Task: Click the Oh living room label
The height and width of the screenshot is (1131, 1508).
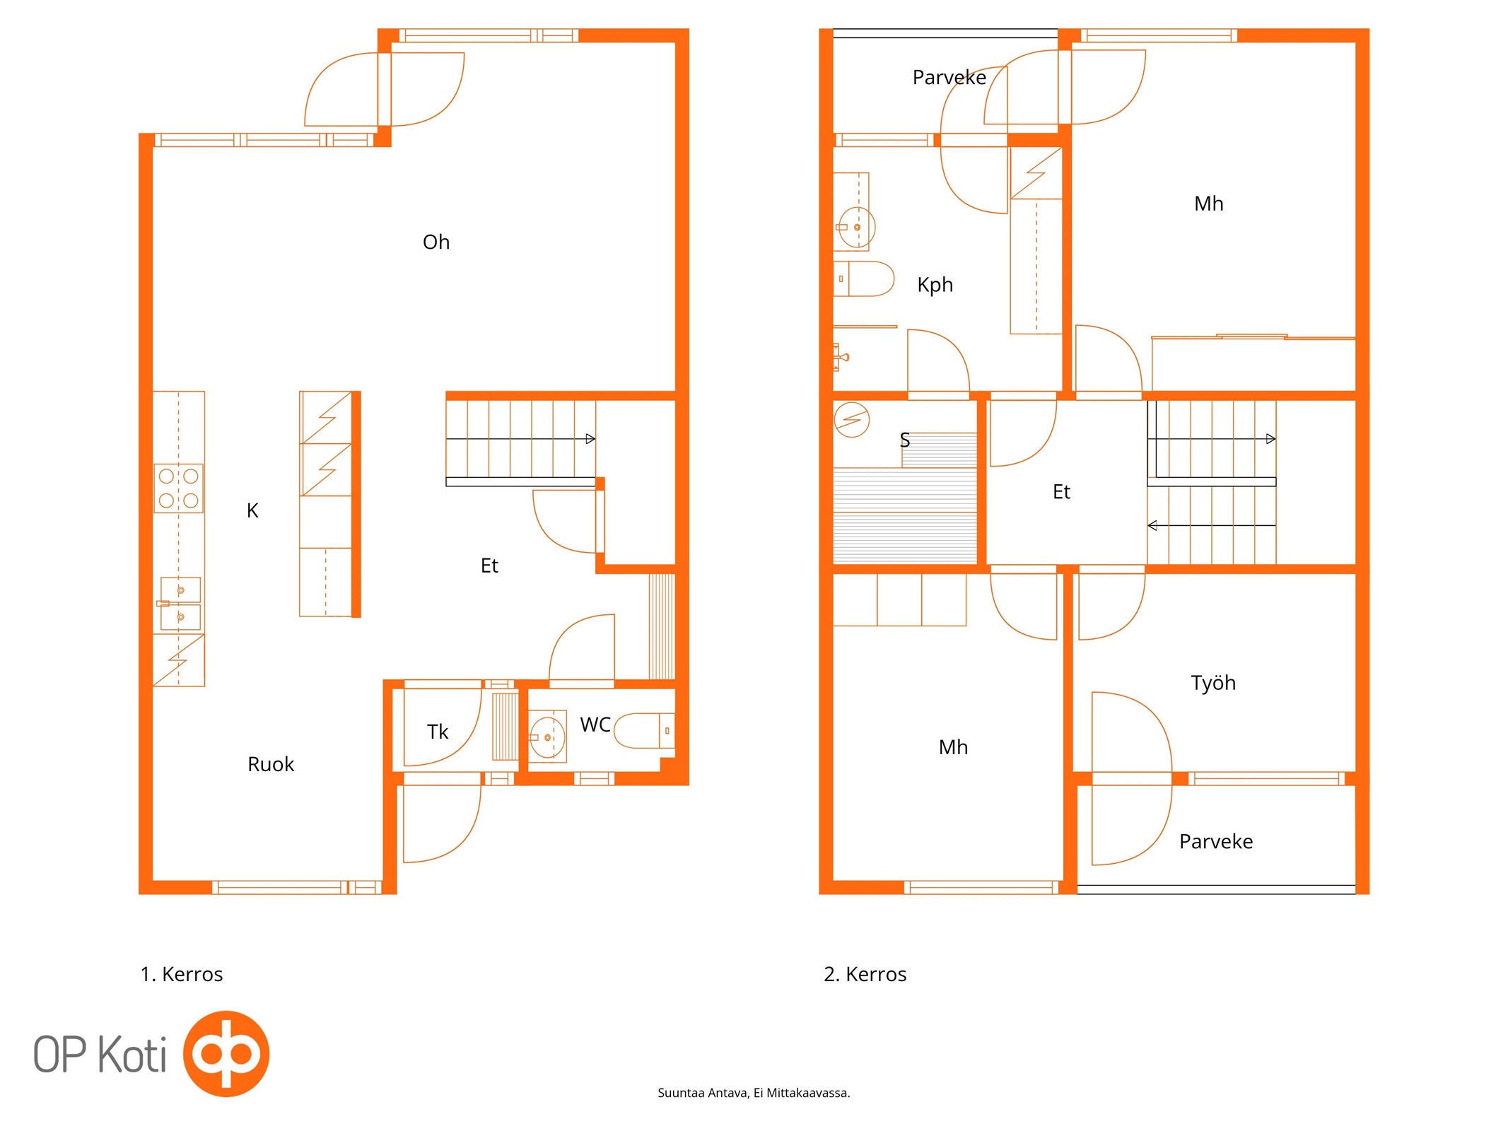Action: pos(436,242)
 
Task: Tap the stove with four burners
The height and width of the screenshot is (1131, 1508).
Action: pos(179,488)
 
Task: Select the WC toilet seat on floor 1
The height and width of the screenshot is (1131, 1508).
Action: pos(644,730)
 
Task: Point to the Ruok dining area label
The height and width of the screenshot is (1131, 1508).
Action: pos(270,764)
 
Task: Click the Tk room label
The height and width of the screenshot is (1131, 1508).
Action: pos(438,732)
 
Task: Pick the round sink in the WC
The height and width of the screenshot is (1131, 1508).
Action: pos(547,737)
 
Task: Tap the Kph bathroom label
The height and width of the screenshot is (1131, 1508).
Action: pos(935,285)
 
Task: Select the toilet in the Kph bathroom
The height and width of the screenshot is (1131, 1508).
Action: pos(864,279)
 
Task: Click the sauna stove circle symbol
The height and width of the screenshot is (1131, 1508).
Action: pos(851,419)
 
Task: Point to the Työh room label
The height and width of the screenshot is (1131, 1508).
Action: pos(1213,683)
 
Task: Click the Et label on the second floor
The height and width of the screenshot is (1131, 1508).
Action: pos(1061,492)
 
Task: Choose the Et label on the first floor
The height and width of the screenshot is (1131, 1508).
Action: pos(489,565)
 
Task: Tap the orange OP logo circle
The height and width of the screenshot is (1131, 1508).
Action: pos(226,1053)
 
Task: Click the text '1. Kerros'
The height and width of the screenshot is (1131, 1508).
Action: pos(182,974)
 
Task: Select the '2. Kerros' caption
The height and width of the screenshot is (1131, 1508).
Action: pos(865,974)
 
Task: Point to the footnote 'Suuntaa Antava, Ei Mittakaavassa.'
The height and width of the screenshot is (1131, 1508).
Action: pos(754,1093)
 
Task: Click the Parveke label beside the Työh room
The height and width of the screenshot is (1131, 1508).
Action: pos(1216,841)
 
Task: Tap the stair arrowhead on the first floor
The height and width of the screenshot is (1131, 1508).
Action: pos(590,439)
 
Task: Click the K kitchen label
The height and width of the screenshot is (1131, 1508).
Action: pos(252,510)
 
